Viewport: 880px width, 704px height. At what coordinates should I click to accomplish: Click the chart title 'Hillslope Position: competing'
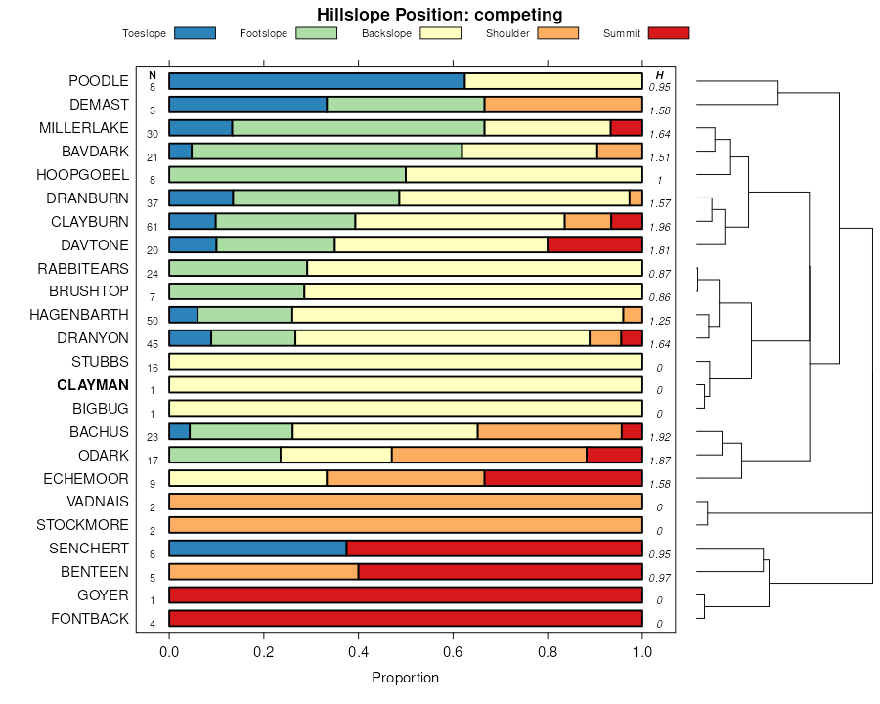(x=439, y=14)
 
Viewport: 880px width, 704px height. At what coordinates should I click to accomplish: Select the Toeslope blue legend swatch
(x=195, y=33)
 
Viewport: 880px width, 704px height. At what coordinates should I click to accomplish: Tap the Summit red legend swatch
(x=669, y=33)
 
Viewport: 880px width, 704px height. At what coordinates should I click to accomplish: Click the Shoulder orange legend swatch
(x=558, y=33)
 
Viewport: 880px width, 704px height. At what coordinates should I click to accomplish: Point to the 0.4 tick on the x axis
(x=359, y=649)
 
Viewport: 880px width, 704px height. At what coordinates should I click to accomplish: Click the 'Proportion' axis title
(x=406, y=678)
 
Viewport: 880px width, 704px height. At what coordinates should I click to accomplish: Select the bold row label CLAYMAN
(x=93, y=385)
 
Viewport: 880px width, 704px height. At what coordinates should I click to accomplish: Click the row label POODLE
(x=99, y=81)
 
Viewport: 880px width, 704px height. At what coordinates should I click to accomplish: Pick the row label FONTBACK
(x=90, y=619)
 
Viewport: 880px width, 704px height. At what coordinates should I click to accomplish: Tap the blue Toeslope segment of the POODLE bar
(x=317, y=81)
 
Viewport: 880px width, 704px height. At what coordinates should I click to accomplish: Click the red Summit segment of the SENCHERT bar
(x=494, y=549)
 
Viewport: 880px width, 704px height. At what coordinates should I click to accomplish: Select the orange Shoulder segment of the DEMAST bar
(x=563, y=105)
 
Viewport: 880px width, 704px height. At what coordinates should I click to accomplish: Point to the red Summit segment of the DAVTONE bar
(x=594, y=244)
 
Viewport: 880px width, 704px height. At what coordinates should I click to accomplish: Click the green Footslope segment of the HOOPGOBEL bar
(x=287, y=175)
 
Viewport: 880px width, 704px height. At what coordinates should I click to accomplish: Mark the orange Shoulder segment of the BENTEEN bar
(x=264, y=572)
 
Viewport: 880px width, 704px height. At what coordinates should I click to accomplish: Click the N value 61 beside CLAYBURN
(x=153, y=227)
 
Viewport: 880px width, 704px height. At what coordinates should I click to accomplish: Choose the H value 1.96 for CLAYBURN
(x=660, y=227)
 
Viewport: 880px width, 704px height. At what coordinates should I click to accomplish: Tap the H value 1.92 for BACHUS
(x=660, y=437)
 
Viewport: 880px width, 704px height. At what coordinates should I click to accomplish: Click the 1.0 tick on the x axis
(x=642, y=649)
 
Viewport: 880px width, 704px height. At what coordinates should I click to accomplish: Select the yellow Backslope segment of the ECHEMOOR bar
(x=247, y=478)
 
